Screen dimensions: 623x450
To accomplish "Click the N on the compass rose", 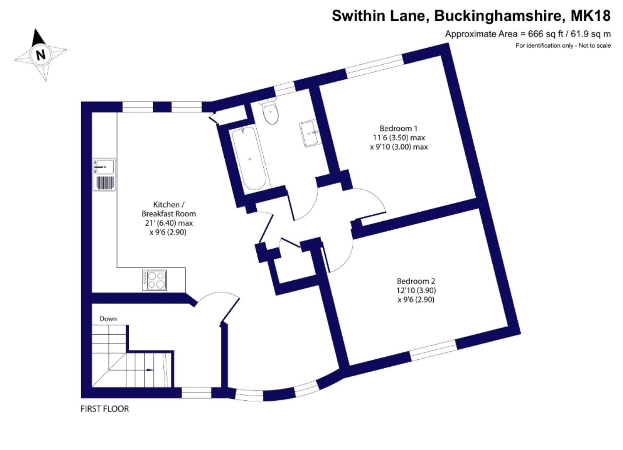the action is click(x=41, y=54).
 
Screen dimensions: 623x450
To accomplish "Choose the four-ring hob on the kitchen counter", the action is click(x=155, y=280).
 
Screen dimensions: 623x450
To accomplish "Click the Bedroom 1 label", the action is click(x=398, y=129).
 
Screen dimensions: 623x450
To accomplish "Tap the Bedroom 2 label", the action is click(x=416, y=281).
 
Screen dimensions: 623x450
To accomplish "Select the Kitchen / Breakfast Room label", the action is click(x=168, y=209).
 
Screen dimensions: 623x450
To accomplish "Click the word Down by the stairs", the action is click(x=108, y=319).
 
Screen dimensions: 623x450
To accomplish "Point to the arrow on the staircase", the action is click(x=150, y=370).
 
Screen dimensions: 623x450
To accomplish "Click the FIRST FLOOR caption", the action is click(x=105, y=409).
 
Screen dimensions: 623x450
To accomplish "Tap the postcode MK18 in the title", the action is click(x=590, y=16).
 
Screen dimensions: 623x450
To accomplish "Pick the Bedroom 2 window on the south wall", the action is click(x=433, y=350).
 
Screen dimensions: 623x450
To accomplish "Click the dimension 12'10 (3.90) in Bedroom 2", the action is click(x=416, y=290).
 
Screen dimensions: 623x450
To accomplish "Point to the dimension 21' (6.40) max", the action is click(x=169, y=223).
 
